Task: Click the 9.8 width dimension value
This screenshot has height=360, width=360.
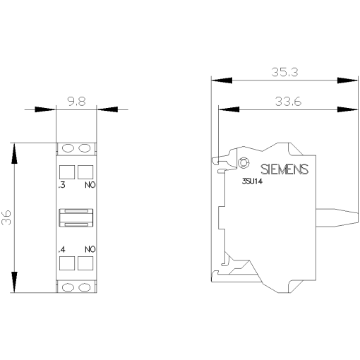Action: pyautogui.click(x=76, y=101)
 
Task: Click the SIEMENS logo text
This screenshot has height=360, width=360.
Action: pyautogui.click(x=284, y=169)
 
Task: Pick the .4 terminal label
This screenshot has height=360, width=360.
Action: pyautogui.click(x=62, y=249)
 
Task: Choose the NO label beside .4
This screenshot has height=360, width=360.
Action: pyautogui.click(x=90, y=249)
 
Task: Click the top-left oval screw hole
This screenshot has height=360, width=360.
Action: pyautogui.click(x=68, y=148)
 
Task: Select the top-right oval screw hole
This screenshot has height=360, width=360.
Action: pyautogui.click(x=85, y=148)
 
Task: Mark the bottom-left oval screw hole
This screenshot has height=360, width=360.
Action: pyautogui.click(x=68, y=287)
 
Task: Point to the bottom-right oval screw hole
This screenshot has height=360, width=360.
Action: pyautogui.click(x=85, y=287)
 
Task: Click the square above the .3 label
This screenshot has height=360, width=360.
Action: pyautogui.click(x=67, y=172)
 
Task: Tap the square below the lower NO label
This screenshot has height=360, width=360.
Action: pyautogui.click(x=85, y=265)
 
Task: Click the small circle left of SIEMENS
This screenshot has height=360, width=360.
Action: pyautogui.click(x=244, y=164)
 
